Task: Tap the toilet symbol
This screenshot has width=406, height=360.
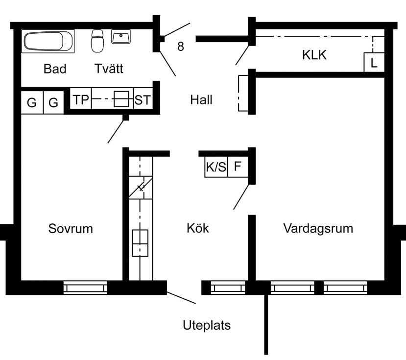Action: [x=97, y=41]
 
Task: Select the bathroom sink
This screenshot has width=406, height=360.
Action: [x=120, y=37]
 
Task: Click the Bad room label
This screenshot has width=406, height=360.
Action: [x=55, y=69]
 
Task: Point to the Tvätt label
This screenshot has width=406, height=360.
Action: [x=109, y=69]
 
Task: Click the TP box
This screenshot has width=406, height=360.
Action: [x=81, y=100]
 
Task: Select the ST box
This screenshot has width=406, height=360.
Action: [x=143, y=100]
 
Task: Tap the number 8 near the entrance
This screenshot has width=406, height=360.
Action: [x=181, y=47]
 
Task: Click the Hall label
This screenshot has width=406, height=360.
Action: [x=201, y=100]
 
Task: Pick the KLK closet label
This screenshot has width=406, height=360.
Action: [x=314, y=55]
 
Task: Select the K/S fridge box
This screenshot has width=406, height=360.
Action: [x=216, y=167]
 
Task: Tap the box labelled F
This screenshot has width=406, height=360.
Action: [x=238, y=167]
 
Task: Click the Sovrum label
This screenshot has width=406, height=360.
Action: [x=71, y=228]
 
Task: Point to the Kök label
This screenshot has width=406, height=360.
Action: [x=198, y=228]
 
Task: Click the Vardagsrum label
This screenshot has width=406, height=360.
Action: [x=318, y=228]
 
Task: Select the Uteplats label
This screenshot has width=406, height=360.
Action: [x=207, y=325]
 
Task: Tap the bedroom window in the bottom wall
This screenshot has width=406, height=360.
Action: [x=85, y=288]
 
